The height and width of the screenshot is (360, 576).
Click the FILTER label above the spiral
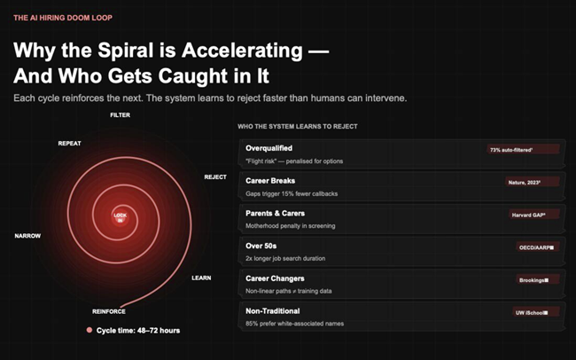121,115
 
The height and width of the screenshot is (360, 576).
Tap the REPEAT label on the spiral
70,143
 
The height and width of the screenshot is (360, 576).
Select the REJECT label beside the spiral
215,176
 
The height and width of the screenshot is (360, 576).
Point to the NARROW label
27,236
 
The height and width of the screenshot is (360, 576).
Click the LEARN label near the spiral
201,278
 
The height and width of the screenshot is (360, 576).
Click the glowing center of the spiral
121,215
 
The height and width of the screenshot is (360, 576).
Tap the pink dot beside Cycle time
89,331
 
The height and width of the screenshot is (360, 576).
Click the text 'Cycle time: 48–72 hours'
138,331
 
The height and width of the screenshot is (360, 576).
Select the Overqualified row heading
269,148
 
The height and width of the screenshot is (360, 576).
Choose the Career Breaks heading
271,180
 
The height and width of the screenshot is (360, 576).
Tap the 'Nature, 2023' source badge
524,182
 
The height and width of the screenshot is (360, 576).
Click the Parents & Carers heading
276,213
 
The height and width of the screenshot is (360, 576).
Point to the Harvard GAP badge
523,215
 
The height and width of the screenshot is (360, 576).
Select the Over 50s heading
262,246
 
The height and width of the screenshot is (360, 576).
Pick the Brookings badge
533,280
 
